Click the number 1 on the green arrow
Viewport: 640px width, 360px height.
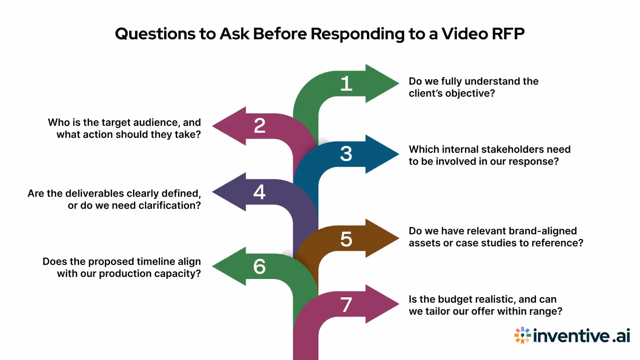click(x=346, y=84)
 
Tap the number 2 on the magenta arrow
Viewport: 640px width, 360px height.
click(x=259, y=126)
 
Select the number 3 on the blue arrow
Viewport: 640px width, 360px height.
click(x=346, y=154)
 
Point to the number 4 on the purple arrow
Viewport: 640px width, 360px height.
click(x=259, y=192)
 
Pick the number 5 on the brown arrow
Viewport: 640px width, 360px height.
click(x=346, y=239)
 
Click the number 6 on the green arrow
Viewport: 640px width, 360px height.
click(x=259, y=267)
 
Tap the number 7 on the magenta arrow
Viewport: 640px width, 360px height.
click(x=346, y=305)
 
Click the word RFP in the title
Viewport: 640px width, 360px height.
click(x=508, y=34)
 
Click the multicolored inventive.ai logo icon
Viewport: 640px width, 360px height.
click(x=522, y=336)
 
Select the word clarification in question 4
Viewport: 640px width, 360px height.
click(x=169, y=205)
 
